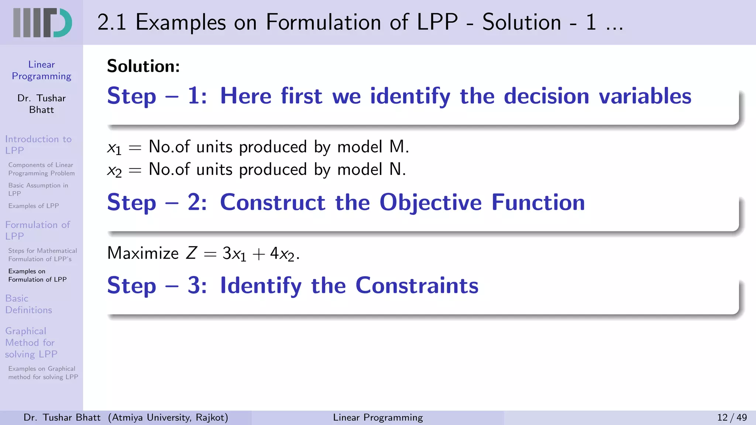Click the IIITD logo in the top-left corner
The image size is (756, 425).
click(x=42, y=23)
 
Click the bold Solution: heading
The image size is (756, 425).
click(x=143, y=66)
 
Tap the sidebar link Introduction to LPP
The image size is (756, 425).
click(x=38, y=145)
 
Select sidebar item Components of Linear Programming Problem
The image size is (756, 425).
click(x=41, y=169)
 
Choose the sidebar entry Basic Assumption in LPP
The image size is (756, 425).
click(x=38, y=189)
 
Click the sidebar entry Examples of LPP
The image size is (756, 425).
click(x=34, y=206)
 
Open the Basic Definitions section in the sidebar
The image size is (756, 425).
click(x=28, y=304)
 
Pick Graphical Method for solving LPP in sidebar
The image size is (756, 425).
click(x=31, y=342)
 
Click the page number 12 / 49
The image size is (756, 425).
click(x=732, y=417)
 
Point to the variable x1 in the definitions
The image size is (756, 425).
click(x=114, y=148)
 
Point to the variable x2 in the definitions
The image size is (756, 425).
click(x=114, y=170)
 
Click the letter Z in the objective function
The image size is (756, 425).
click(x=191, y=253)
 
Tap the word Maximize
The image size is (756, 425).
click(x=143, y=253)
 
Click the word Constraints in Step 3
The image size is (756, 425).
click(x=417, y=286)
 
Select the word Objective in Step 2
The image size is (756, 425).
click(x=430, y=203)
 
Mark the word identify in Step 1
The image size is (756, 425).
click(x=410, y=96)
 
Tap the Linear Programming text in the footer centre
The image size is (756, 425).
click(x=378, y=417)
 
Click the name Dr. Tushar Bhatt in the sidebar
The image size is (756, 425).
click(x=41, y=104)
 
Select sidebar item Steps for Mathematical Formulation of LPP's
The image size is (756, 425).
click(x=42, y=255)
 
